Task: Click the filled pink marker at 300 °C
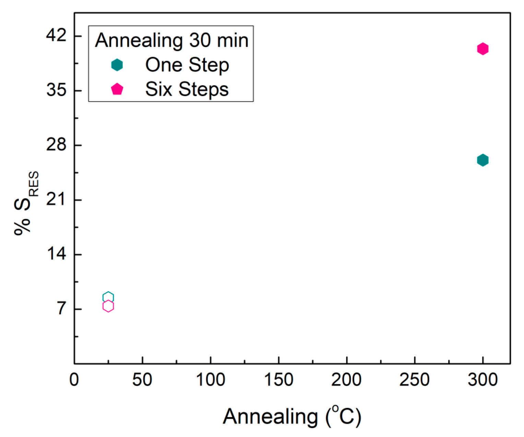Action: coord(483,49)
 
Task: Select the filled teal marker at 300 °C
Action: coord(483,160)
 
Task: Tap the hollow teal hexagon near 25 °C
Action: coord(108,297)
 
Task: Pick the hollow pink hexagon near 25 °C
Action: coord(108,306)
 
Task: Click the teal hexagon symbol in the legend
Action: coord(117,65)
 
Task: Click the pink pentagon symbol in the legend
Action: coord(117,89)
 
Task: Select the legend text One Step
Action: coord(187,65)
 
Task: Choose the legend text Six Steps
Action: coord(187,89)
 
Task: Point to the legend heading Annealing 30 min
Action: coord(171,40)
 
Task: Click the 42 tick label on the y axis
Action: coord(56,35)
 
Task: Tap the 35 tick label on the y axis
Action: coord(56,90)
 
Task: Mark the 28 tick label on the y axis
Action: coord(56,145)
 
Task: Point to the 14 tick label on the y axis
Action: coord(56,254)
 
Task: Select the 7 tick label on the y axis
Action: coord(61,309)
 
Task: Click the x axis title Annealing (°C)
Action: coord(292,416)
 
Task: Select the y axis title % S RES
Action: coord(26,203)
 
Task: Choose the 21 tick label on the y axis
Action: coord(56,199)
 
